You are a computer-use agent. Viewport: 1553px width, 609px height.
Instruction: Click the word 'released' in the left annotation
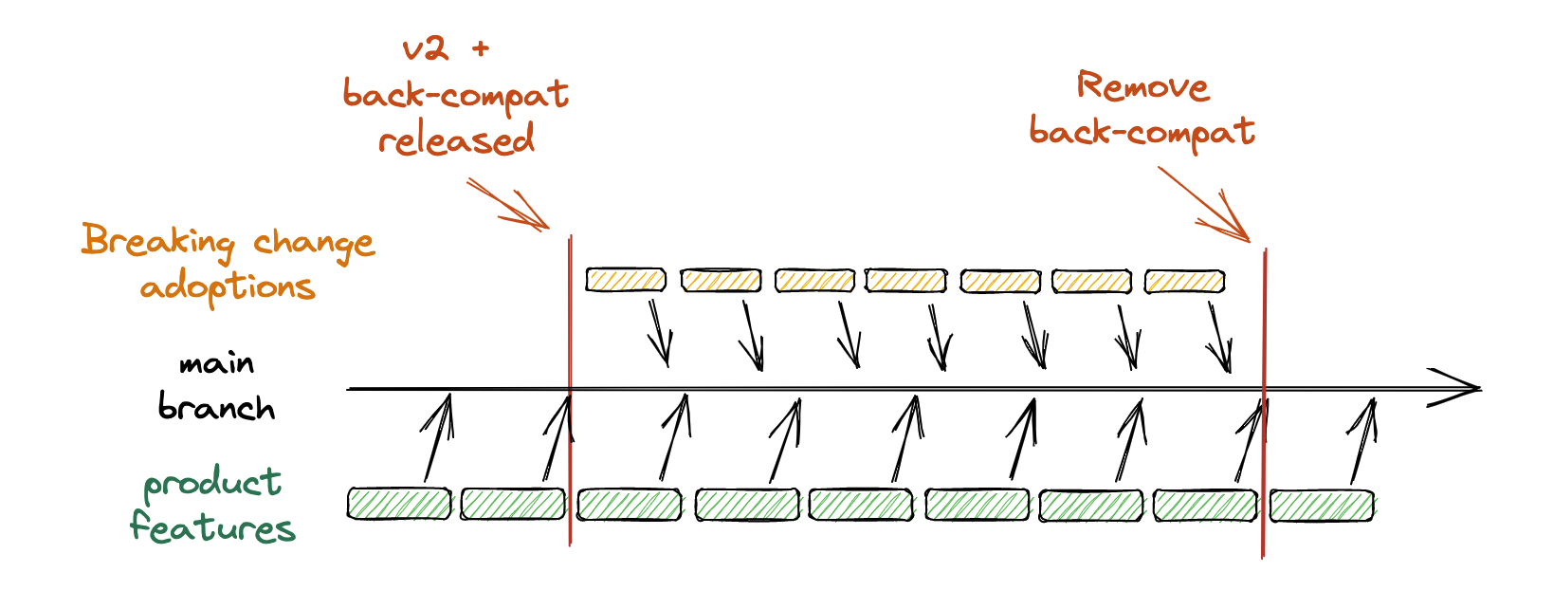456,140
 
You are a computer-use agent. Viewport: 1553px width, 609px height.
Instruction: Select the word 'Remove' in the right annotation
1142,87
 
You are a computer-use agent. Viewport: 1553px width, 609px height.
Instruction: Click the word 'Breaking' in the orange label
157,241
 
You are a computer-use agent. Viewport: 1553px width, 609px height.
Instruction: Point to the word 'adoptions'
228,286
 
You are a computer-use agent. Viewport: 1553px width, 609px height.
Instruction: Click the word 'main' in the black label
217,364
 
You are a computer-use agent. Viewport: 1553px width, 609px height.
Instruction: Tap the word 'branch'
216,408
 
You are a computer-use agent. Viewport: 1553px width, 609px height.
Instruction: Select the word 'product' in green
212,484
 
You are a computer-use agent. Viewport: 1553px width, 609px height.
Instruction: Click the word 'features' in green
212,527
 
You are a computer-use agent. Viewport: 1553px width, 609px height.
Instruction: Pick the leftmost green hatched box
398,504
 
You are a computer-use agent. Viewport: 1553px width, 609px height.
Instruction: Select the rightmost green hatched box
1322,505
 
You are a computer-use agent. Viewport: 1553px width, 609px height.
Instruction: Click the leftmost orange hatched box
626,280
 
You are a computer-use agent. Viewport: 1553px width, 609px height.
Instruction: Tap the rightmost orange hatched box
1184,281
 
